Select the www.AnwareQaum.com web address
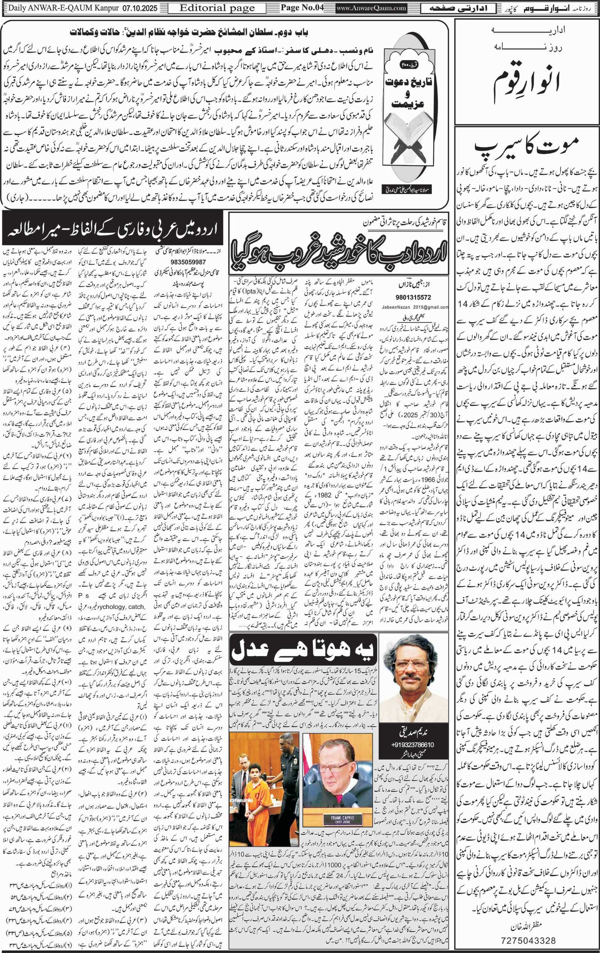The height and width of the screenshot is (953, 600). (x=371, y=8)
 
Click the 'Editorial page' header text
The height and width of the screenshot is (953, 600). (x=217, y=8)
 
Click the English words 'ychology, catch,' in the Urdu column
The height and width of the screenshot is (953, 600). (x=126, y=606)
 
